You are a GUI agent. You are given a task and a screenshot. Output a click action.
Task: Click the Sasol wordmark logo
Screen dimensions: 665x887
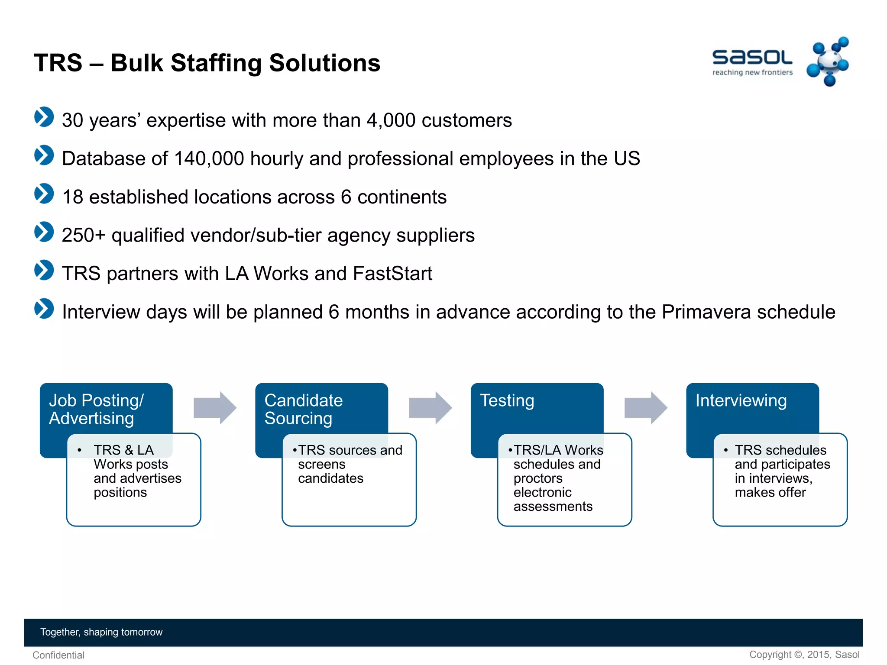click(752, 58)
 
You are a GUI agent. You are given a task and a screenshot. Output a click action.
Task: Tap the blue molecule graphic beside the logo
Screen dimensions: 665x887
click(828, 62)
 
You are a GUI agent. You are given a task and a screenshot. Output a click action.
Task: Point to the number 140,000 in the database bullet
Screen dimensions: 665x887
click(209, 158)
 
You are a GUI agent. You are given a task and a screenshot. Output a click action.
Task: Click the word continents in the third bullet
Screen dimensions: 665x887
click(401, 197)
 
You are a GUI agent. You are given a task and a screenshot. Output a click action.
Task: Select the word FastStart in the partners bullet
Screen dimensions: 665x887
click(392, 274)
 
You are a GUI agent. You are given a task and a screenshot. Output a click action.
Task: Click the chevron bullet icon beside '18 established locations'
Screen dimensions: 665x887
click(44, 194)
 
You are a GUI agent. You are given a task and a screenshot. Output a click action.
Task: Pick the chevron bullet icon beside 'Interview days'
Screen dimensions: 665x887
click(44, 309)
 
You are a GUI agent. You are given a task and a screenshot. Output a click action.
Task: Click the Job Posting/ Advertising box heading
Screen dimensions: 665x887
click(96, 409)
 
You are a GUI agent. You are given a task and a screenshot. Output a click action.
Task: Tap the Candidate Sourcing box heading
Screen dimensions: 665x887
click(303, 409)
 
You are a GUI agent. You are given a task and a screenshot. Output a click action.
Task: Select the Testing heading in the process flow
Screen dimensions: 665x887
click(507, 400)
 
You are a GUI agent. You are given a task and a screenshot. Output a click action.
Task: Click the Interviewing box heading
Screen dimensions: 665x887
click(741, 400)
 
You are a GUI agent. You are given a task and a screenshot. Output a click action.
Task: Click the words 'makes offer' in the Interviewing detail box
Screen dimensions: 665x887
click(770, 492)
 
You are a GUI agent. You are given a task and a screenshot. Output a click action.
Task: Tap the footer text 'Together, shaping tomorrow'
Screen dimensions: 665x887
click(101, 632)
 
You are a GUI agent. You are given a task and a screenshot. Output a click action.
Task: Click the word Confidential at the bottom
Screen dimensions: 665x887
click(58, 655)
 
